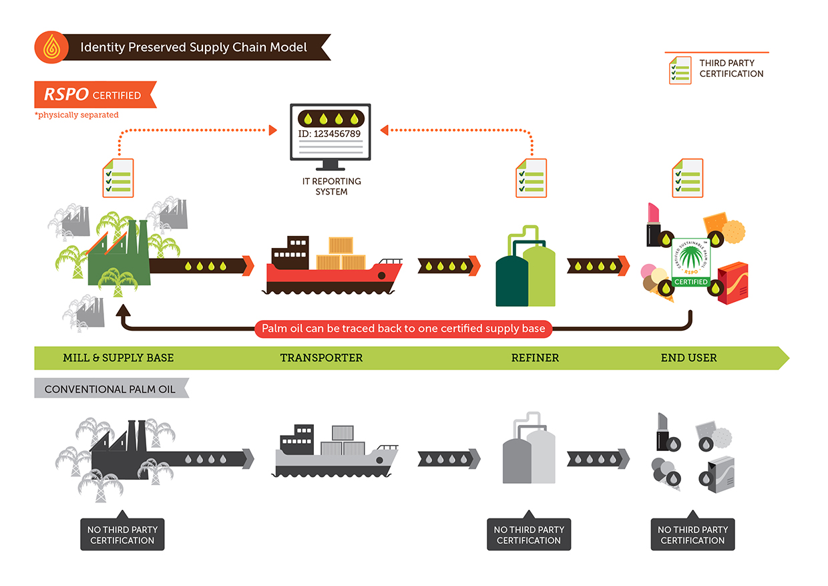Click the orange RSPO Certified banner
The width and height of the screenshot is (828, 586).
click(x=93, y=95)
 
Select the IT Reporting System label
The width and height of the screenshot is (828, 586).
click(x=331, y=186)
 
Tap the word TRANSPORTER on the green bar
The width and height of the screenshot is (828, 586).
click(x=321, y=358)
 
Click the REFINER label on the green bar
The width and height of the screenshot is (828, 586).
click(x=535, y=358)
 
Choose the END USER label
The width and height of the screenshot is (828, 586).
click(x=688, y=358)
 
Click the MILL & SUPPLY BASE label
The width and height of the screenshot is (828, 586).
click(x=118, y=358)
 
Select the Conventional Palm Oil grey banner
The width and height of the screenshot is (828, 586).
click(x=110, y=389)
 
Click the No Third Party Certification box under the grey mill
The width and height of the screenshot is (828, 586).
click(x=122, y=535)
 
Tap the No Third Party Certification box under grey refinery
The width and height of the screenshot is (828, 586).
click(x=529, y=535)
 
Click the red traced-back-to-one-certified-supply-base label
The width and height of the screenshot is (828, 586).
click(x=403, y=329)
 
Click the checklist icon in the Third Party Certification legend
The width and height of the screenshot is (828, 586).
click(x=680, y=69)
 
